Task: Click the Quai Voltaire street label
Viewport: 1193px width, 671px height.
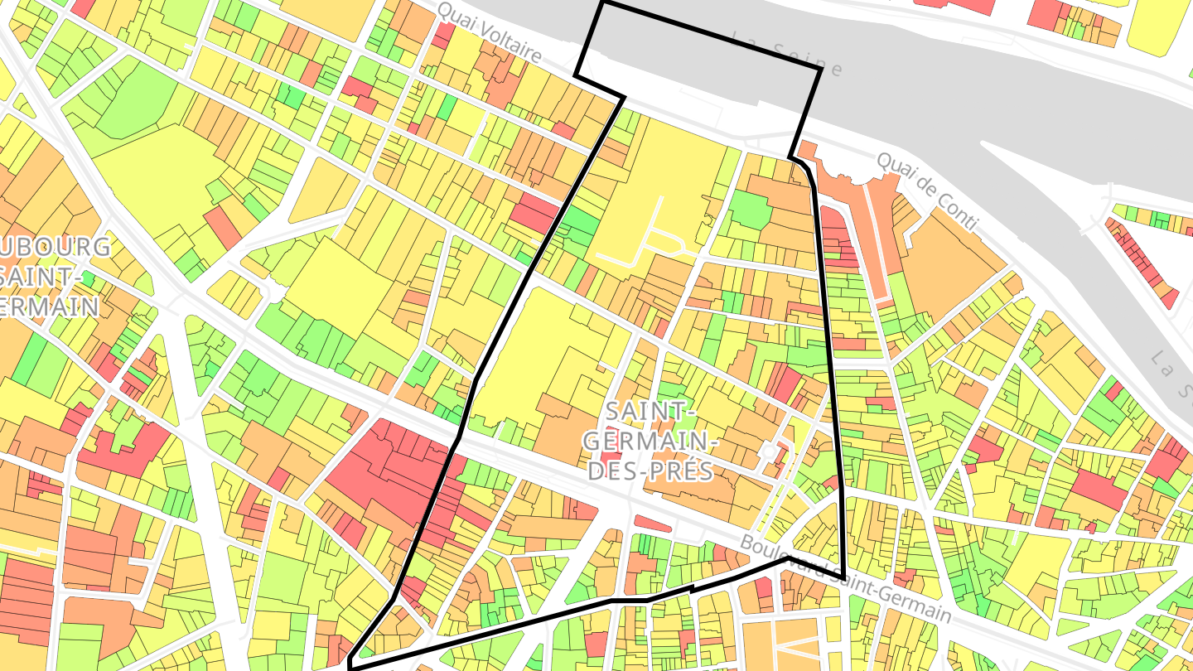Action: coord(489,34)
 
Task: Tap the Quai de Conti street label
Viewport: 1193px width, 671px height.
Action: coord(927,191)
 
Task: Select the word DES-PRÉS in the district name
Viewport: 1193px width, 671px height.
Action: coord(649,471)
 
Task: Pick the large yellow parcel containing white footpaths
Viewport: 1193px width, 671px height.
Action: coord(654,199)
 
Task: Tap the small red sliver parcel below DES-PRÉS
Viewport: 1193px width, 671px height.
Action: coord(653,523)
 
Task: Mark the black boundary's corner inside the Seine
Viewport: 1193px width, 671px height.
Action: coord(820,70)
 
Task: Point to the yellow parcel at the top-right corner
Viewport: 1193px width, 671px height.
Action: coord(1160,25)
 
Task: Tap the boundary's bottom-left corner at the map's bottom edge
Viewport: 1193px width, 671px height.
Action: coord(350,664)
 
